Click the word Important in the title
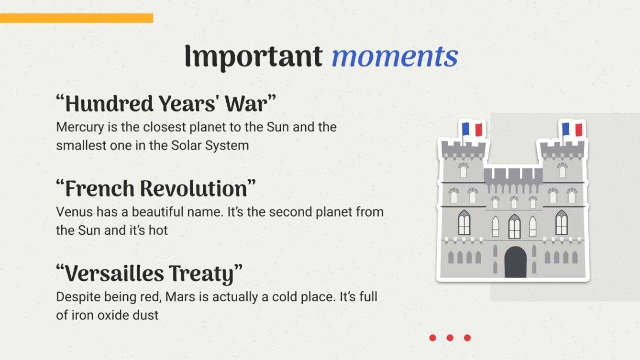click(253, 56)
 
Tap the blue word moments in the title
click(395, 56)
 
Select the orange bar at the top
click(77, 18)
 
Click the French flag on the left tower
click(473, 130)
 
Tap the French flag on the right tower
click(573, 130)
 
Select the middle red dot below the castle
click(450, 338)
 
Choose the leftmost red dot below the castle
click(432, 338)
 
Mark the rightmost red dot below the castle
click(467, 338)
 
